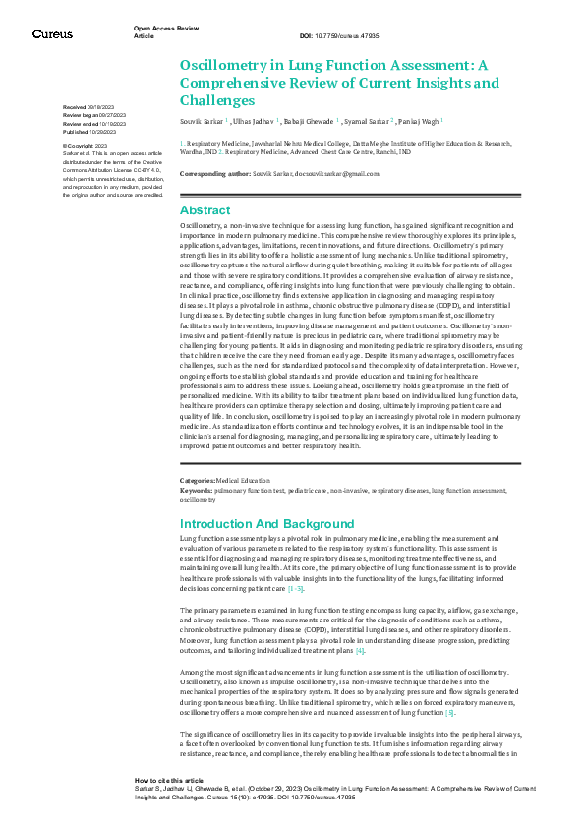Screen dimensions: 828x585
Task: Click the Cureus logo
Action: [52, 34]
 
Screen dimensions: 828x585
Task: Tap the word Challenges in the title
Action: [217, 100]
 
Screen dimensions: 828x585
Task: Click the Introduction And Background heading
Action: [266, 524]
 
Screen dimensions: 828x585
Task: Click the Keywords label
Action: [196, 489]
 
